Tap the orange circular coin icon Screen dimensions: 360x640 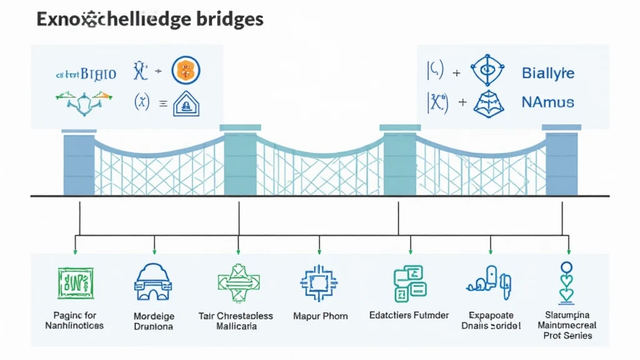tap(185, 71)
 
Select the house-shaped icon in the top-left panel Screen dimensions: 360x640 tap(185, 104)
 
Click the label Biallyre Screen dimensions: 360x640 tap(547, 73)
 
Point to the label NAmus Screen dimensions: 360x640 tap(547, 102)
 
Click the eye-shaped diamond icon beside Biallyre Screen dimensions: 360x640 tap(487, 71)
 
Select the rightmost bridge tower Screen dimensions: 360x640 tap(561, 162)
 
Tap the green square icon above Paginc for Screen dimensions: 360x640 tap(75, 284)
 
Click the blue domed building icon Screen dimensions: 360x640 tap(153, 282)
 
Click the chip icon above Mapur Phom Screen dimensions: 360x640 tap(319, 283)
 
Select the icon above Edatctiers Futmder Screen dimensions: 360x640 tap(409, 282)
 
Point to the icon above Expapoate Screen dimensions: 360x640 tap(489, 281)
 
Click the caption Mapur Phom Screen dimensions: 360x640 tap(320, 316)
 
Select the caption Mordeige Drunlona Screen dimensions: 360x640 tap(154, 321)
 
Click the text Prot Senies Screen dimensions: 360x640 tap(567, 336)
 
